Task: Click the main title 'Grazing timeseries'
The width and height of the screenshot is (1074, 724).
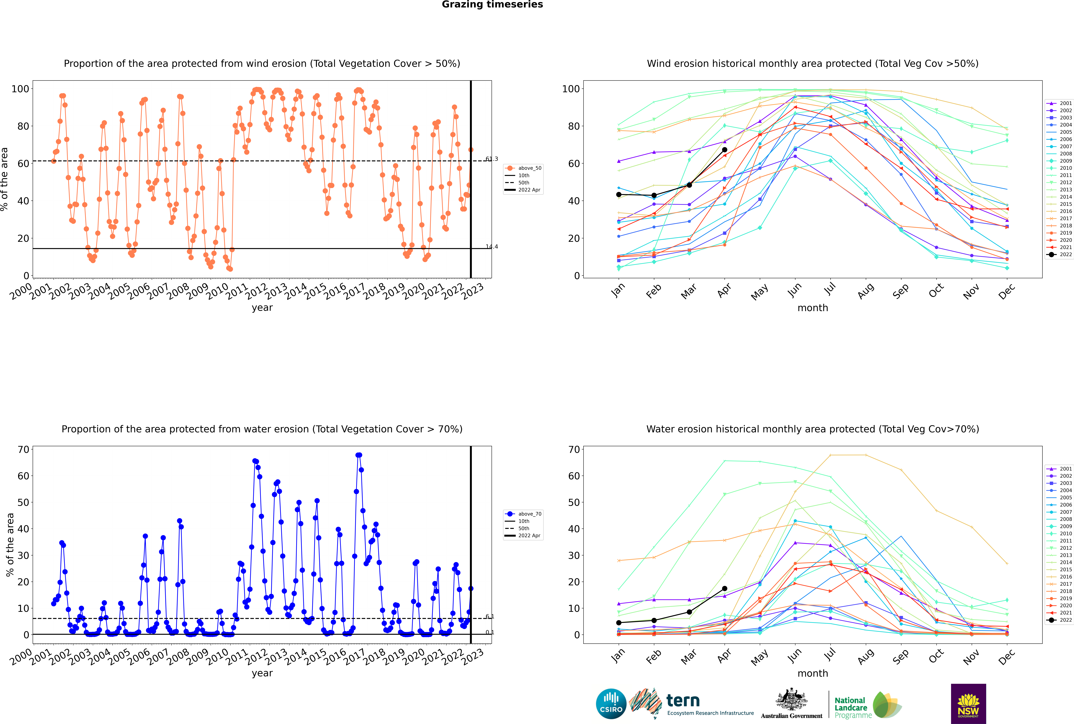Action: point(492,5)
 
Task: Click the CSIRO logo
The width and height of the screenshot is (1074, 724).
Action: point(611,704)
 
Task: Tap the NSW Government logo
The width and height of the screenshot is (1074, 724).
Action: point(968,704)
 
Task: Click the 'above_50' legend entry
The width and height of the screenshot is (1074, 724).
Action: point(523,168)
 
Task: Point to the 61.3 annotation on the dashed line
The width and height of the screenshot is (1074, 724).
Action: point(492,159)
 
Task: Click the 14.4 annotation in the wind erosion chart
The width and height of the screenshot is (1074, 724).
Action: point(492,247)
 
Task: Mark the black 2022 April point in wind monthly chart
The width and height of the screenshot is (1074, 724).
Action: point(725,150)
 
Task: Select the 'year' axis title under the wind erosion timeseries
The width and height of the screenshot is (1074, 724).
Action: point(262,308)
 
